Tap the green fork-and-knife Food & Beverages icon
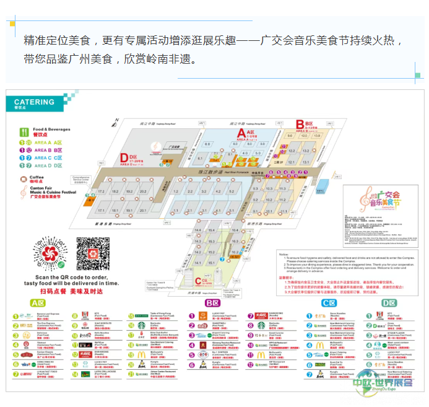pos(25,131)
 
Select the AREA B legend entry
pos(48,150)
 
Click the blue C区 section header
pos(328,304)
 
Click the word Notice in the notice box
pos(284,254)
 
